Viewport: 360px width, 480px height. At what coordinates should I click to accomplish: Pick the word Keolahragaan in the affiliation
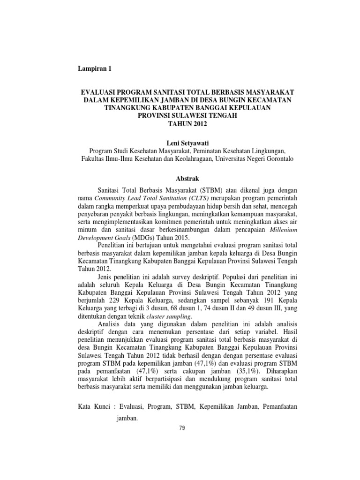[187, 159]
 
